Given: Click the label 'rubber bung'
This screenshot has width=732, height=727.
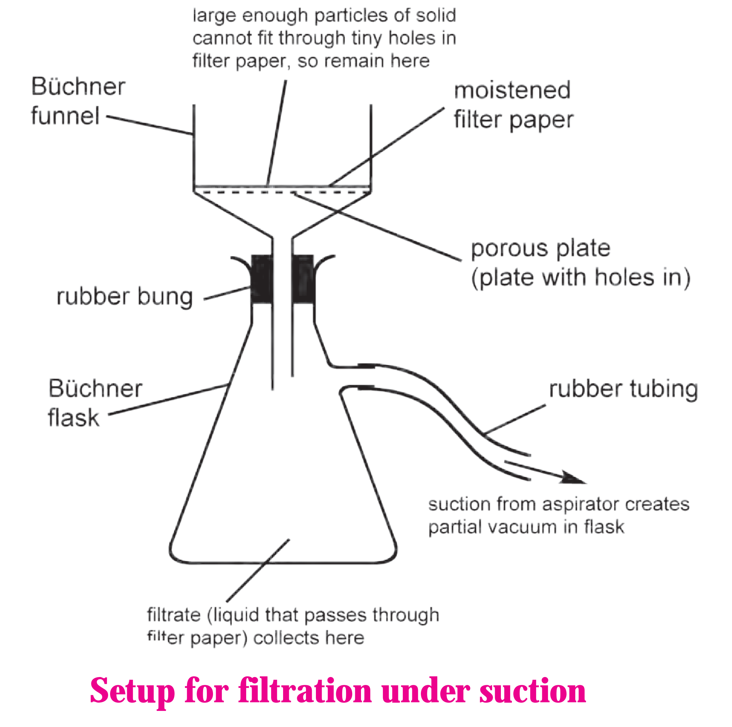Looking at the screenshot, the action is coord(125,296).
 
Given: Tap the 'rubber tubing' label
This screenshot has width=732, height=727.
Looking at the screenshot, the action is coord(623,389).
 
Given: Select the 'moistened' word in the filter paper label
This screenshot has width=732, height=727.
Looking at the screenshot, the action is coord(512,90).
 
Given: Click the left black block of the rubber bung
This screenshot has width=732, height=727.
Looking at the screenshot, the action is coord(262,279).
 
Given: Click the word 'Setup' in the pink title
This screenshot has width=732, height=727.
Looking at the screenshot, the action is coord(132,691).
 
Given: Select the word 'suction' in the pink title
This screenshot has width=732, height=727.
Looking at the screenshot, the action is coord(533,691).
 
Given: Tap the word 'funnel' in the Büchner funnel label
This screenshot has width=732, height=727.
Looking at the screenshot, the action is coord(65,116).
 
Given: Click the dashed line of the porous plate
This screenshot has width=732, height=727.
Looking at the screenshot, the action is coord(282,193).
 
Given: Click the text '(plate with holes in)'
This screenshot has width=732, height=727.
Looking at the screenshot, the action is coord(581,278).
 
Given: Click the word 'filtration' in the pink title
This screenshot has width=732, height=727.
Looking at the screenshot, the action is coord(305,691).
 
